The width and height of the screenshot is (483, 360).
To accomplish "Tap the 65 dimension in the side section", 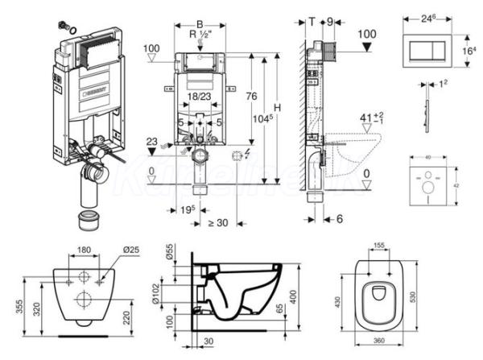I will point(280,308).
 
